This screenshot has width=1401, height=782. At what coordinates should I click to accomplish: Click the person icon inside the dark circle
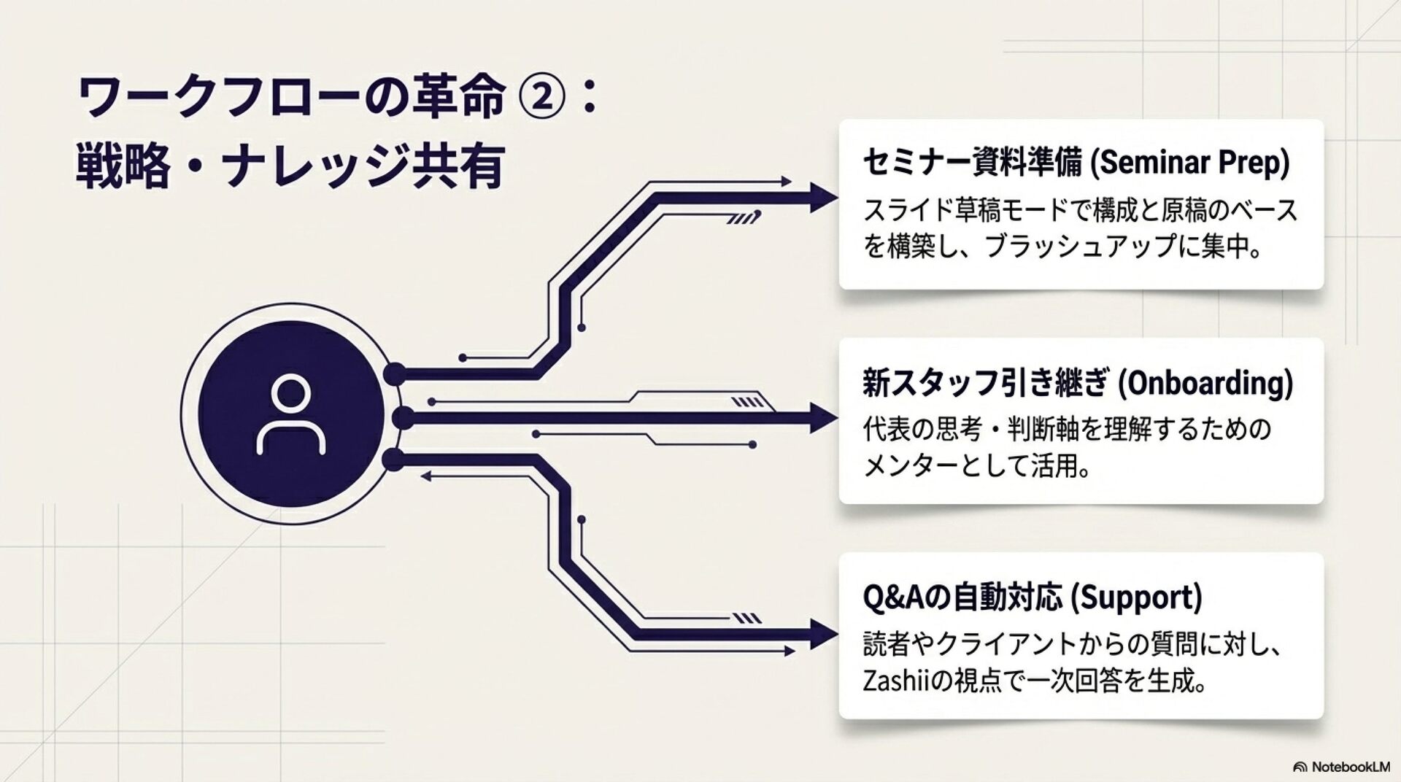point(290,415)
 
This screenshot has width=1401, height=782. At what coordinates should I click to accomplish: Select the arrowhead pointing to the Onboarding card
point(824,419)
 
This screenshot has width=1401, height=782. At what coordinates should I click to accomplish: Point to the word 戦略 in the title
point(123,167)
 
